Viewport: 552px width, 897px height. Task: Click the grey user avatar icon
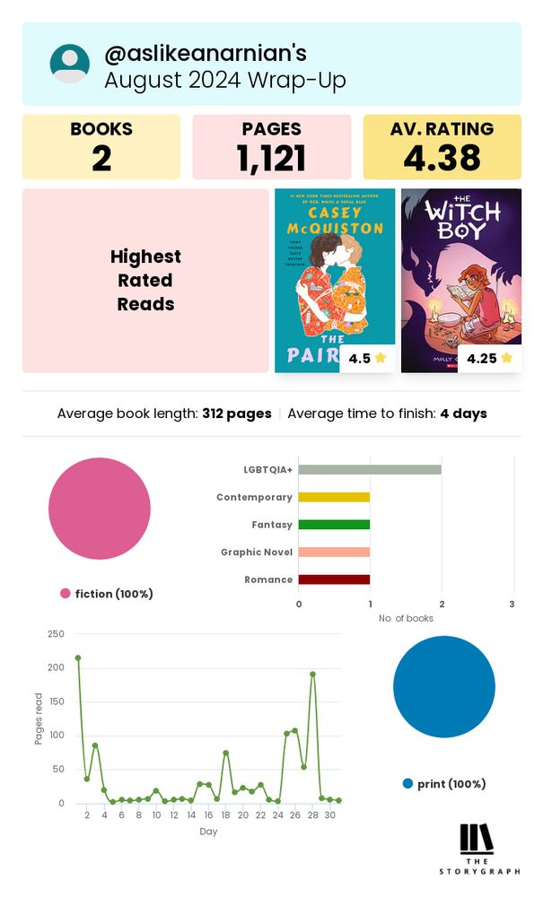[x=70, y=64]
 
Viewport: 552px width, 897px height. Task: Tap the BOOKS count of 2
[x=101, y=159]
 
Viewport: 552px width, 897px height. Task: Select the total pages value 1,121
[x=271, y=159]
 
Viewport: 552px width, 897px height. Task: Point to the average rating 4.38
[x=442, y=159]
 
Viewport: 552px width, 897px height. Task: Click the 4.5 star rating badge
[x=367, y=359]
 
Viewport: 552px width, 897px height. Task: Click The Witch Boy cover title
[x=460, y=222]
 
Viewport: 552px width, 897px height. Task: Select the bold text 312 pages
[x=237, y=414]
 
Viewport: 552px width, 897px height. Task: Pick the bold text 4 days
[x=463, y=414]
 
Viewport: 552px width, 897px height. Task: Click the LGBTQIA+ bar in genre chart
[x=370, y=469]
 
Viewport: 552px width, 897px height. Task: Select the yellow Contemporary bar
[x=334, y=497]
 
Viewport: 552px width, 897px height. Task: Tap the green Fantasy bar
[x=334, y=525]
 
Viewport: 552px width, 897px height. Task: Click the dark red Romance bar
[x=334, y=579]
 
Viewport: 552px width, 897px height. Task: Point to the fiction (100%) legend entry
[x=107, y=594]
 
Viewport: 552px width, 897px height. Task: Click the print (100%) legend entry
[x=444, y=784]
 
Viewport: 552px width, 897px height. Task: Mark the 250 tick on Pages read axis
[x=56, y=634]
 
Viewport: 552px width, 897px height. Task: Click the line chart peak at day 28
[x=312, y=674]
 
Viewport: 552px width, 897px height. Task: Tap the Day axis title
[x=208, y=832]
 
